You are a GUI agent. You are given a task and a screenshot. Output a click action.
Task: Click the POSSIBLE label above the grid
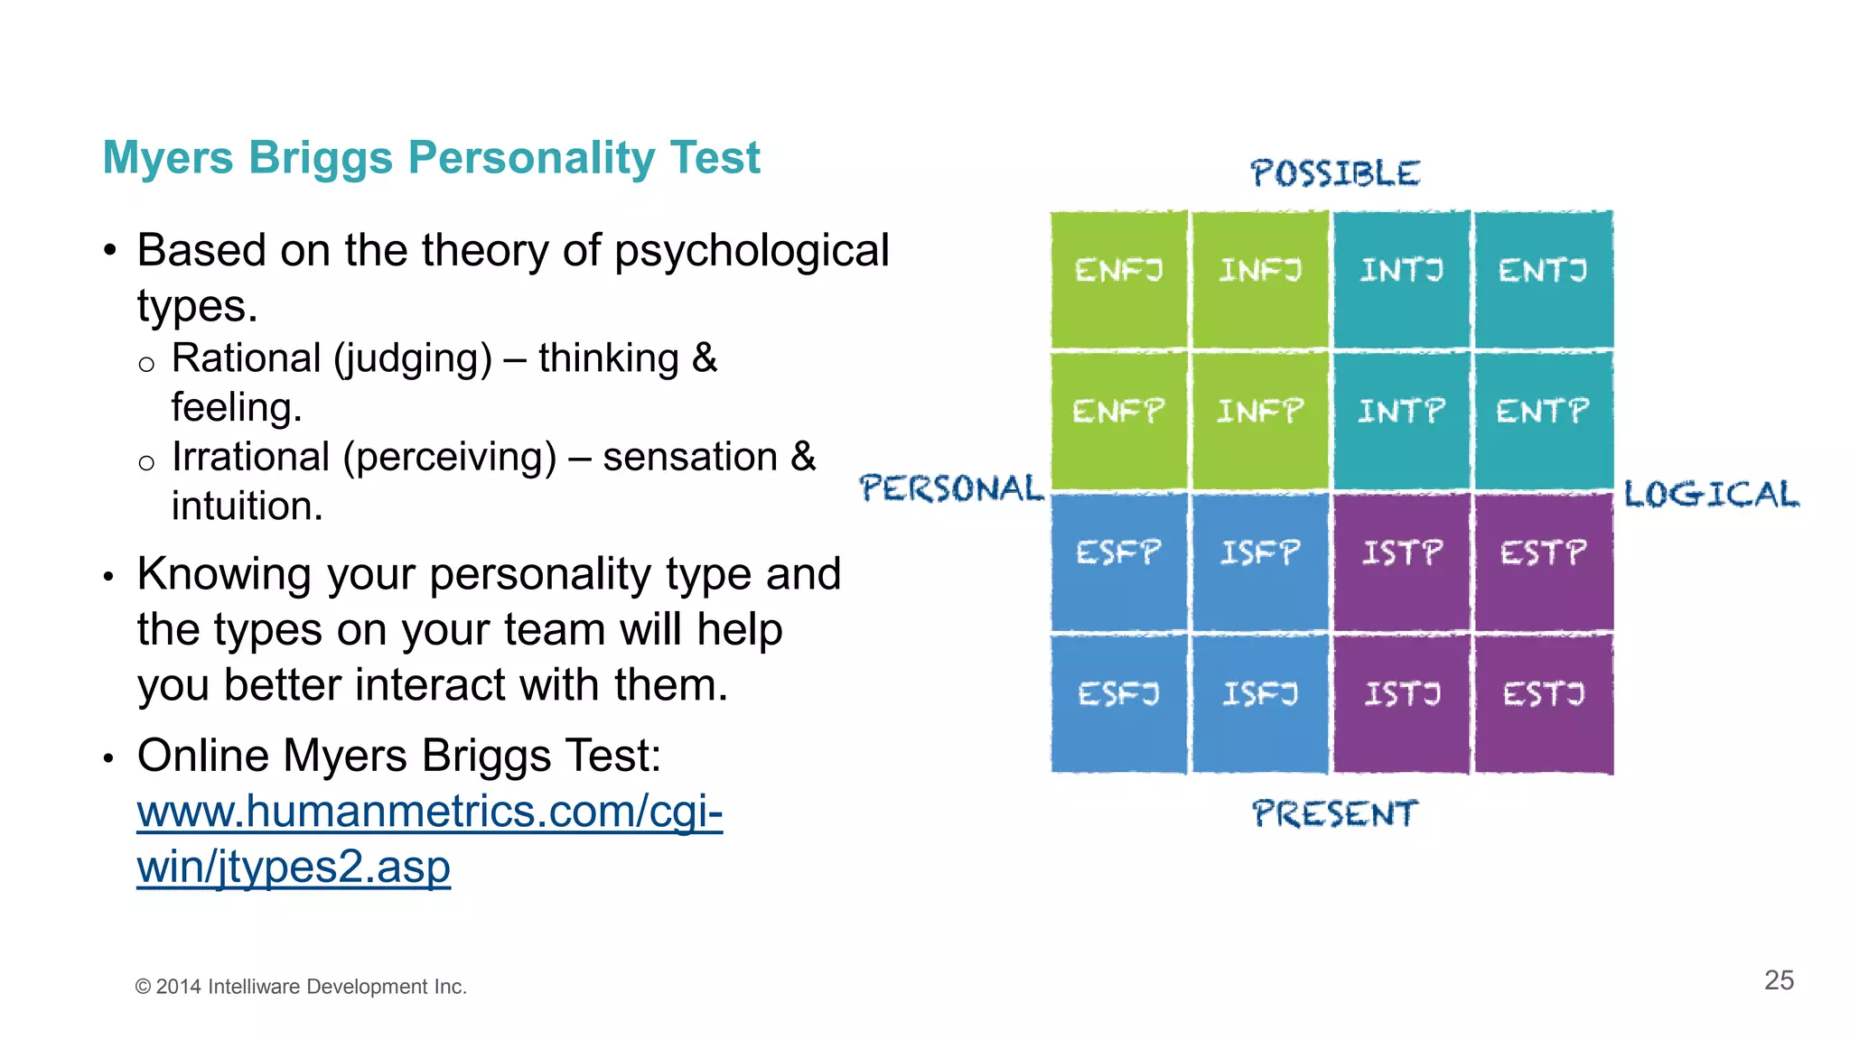point(1334,173)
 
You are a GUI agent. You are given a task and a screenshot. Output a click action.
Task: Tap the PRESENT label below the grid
point(1334,813)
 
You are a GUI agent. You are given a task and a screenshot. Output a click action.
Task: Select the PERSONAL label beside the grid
point(951,488)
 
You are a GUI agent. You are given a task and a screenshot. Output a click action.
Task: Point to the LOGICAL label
point(1711,495)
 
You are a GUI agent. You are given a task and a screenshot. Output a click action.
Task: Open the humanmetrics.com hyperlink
point(429,812)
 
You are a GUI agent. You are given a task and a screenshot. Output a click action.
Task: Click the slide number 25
point(1779,980)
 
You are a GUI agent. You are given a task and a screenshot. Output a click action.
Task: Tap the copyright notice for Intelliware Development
point(301,987)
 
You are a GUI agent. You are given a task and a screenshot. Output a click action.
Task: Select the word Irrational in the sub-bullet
point(250,457)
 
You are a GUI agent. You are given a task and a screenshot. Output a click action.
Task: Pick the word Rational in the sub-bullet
point(246,358)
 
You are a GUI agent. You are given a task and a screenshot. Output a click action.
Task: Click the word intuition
point(247,506)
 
